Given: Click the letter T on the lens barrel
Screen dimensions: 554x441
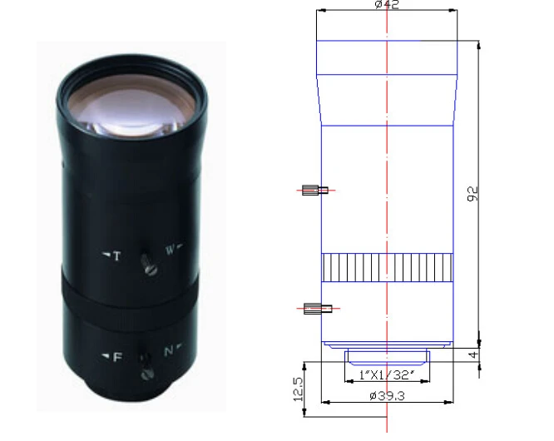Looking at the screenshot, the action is click(x=117, y=255).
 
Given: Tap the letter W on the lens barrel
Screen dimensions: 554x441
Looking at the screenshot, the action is click(x=170, y=250).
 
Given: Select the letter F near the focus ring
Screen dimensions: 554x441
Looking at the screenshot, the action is click(x=117, y=357).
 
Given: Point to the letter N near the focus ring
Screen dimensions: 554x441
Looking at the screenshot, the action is click(x=169, y=351).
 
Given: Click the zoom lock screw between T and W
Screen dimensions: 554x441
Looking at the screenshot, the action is click(x=148, y=264).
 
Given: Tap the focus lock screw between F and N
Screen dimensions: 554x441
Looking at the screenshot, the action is click(x=146, y=367).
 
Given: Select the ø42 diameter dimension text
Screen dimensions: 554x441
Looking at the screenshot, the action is click(x=387, y=4).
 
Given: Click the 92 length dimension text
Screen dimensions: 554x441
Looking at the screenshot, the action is click(x=472, y=194).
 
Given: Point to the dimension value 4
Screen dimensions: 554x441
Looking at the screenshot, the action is click(x=474, y=354).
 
